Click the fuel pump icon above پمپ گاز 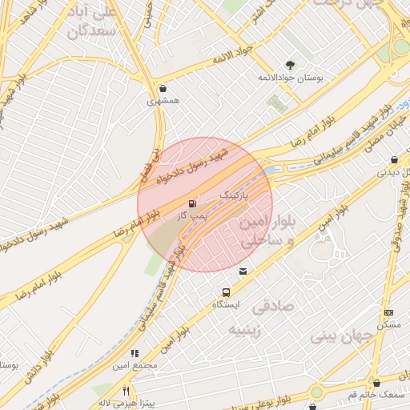(x=192, y=204)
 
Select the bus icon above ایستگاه (x=226, y=292)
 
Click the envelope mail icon (x=243, y=271)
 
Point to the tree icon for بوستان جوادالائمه (x=290, y=66)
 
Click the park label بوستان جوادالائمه (x=290, y=78)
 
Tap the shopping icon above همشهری (x=163, y=89)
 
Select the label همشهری (x=163, y=102)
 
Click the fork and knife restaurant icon (x=126, y=391)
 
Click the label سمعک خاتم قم (x=375, y=396)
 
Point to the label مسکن (x=388, y=325)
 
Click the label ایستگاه (x=226, y=305)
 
